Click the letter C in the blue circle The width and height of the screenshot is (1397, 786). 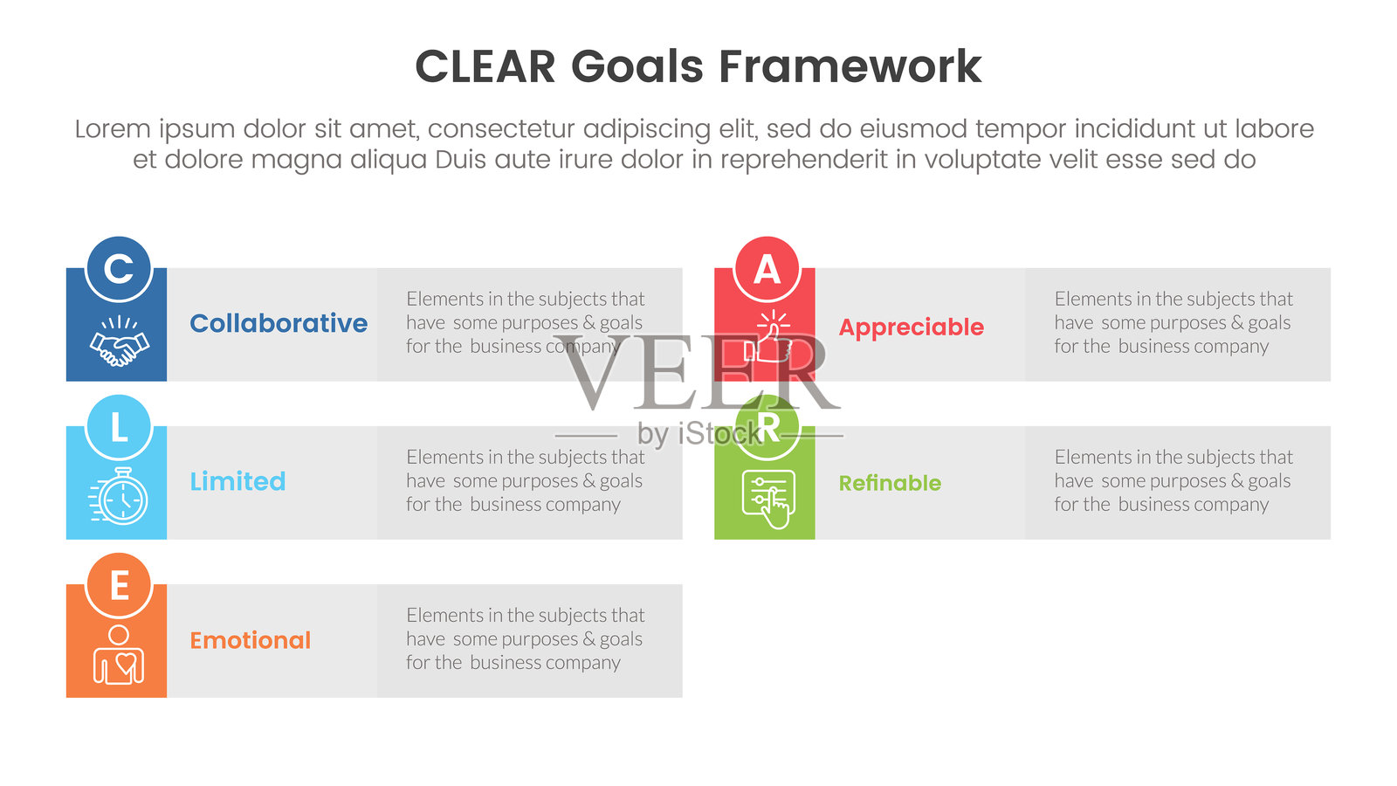point(119,269)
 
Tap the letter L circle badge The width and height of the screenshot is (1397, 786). point(119,428)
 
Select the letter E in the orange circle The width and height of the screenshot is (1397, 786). point(119,586)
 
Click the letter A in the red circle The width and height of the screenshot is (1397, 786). point(767,270)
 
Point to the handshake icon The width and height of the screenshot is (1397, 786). point(119,341)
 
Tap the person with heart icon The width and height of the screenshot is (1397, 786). point(119,655)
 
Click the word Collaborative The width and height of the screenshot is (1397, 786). point(279,323)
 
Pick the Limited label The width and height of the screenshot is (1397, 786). point(237,481)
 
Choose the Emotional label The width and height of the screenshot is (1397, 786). point(250,640)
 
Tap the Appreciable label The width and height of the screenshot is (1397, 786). point(911,327)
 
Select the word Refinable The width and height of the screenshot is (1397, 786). point(890,483)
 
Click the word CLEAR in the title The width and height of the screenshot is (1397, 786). point(485,67)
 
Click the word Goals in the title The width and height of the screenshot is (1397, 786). point(637,67)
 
